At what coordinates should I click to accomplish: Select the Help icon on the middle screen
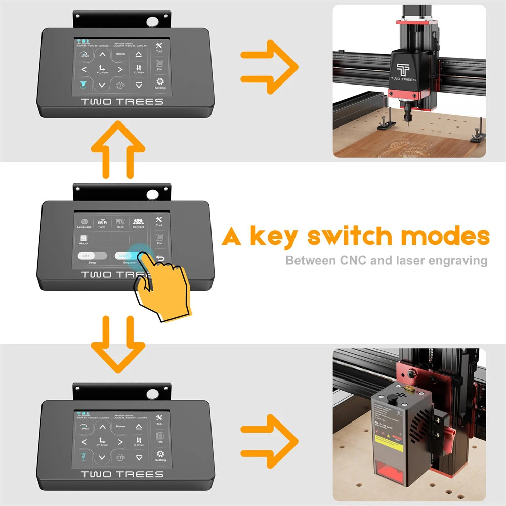120,221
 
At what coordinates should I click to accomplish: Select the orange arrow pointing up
118,149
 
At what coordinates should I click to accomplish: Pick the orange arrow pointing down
118,342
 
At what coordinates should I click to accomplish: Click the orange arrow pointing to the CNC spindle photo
269,64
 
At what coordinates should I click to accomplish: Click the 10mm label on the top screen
120,54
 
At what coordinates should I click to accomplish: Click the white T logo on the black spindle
403,69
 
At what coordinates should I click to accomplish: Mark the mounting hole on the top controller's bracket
151,22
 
